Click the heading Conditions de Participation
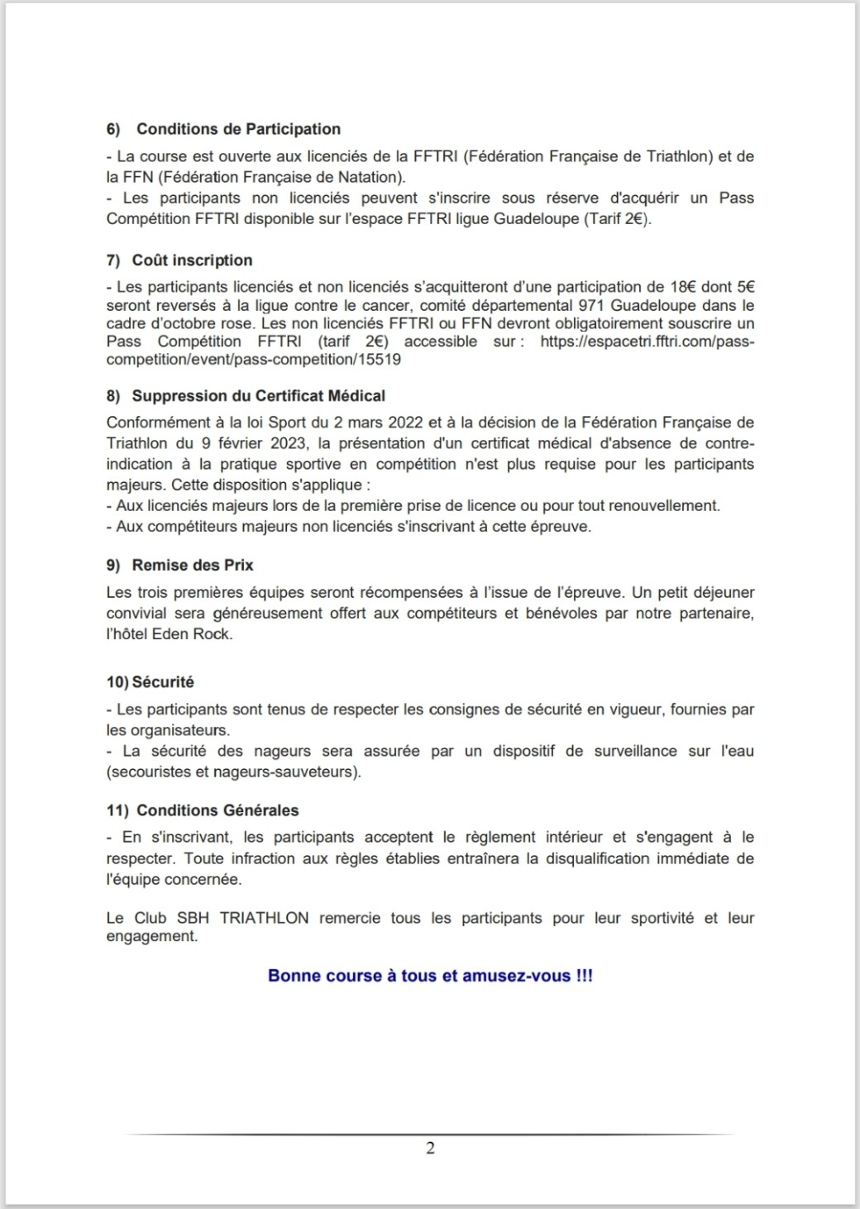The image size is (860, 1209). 238,129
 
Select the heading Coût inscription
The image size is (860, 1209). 192,260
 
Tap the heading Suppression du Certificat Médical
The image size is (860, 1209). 258,396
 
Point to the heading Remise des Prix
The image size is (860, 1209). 193,566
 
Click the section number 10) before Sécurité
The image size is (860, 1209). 117,682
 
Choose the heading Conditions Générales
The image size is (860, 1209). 217,810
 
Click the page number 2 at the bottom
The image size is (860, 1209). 430,1148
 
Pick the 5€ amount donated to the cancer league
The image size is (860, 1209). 745,288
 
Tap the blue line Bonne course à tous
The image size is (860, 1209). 430,976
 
